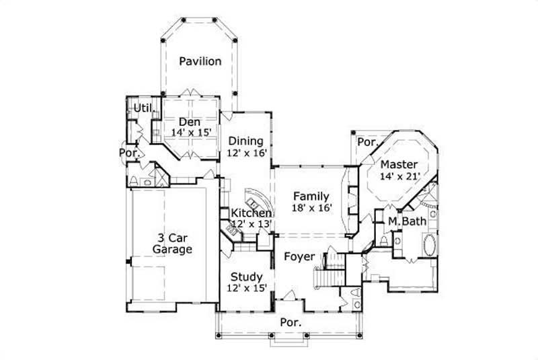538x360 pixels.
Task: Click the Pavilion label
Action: click(x=200, y=61)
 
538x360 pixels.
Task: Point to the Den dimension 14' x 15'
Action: click(x=192, y=133)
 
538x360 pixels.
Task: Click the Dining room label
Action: click(x=245, y=141)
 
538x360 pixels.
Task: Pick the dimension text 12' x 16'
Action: click(x=247, y=153)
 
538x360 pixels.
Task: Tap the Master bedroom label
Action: click(x=399, y=164)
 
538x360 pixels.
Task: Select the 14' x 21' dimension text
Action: click(x=399, y=176)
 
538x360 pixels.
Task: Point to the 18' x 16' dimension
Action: click(x=311, y=208)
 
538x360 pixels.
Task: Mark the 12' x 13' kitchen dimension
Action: click(x=252, y=223)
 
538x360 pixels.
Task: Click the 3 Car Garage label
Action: click(x=172, y=243)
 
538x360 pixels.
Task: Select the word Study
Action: click(x=247, y=276)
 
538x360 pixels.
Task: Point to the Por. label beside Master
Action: click(x=367, y=142)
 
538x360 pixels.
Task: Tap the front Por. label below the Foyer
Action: click(x=291, y=322)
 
